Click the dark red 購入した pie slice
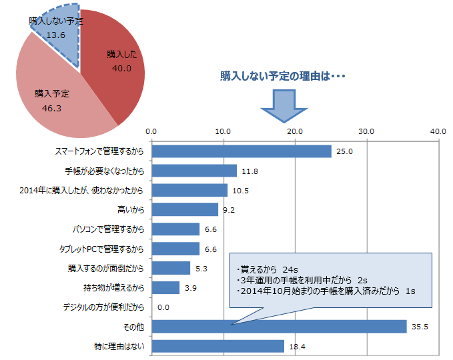[117, 63]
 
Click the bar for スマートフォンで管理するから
[242, 151]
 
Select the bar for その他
[280, 327]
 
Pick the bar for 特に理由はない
[218, 346]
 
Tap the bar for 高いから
[185, 209]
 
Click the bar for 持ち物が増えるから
[166, 287]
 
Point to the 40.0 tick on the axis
[438, 131]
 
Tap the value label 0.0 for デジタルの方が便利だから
[163, 307]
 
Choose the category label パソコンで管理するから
[108, 229]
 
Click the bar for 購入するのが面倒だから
[171, 268]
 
